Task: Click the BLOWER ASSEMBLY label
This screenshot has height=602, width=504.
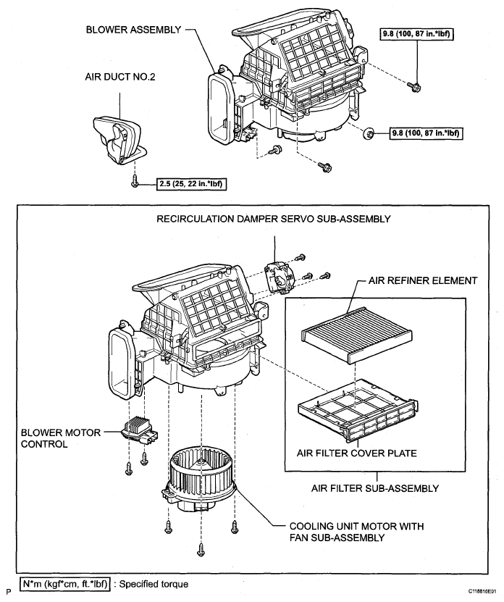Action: click(x=133, y=30)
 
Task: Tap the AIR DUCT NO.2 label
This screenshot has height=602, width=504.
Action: click(x=120, y=77)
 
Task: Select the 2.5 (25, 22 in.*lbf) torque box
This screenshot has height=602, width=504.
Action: click(x=190, y=184)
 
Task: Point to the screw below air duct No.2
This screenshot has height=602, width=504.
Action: click(x=135, y=181)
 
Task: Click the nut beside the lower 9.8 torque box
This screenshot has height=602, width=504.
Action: click(x=369, y=133)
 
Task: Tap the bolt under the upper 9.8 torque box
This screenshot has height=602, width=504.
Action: click(x=415, y=87)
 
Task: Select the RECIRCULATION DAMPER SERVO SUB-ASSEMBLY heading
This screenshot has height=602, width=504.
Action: click(x=273, y=219)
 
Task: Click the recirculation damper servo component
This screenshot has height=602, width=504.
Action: click(x=279, y=277)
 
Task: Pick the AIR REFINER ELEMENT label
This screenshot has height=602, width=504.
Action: click(x=423, y=280)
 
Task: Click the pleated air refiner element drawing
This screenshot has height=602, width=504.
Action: click(x=356, y=335)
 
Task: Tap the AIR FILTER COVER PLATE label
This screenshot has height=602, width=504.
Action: click(x=356, y=453)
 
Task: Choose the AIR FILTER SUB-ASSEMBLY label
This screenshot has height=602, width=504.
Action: click(x=374, y=488)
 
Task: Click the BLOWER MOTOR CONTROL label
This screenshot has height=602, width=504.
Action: click(x=61, y=438)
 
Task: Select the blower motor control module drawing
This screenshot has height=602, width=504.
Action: click(x=140, y=431)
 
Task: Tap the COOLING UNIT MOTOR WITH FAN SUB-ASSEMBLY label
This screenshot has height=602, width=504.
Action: click(x=356, y=532)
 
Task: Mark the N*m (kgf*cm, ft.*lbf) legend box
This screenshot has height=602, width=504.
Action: click(x=65, y=584)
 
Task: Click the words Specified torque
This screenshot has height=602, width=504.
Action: click(x=154, y=584)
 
